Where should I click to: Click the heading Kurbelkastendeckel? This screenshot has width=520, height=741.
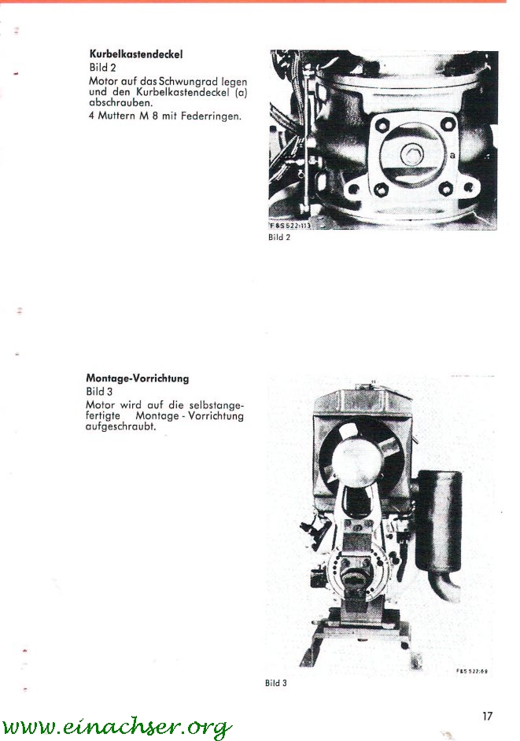(x=135, y=54)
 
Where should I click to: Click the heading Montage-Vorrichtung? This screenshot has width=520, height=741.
(x=137, y=378)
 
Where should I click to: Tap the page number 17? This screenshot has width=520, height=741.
(x=487, y=716)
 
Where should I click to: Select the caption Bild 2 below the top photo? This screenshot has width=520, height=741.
(x=279, y=238)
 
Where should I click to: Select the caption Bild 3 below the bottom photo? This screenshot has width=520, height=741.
(x=275, y=683)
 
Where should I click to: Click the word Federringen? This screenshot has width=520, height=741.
(x=211, y=116)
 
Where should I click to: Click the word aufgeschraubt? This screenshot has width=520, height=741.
(x=120, y=426)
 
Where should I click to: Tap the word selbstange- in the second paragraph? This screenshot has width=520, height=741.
(x=216, y=405)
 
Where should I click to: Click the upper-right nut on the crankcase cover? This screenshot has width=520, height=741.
(x=446, y=124)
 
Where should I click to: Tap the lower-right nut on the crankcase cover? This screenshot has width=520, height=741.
(x=444, y=190)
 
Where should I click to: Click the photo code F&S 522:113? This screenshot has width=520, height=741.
(x=290, y=226)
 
